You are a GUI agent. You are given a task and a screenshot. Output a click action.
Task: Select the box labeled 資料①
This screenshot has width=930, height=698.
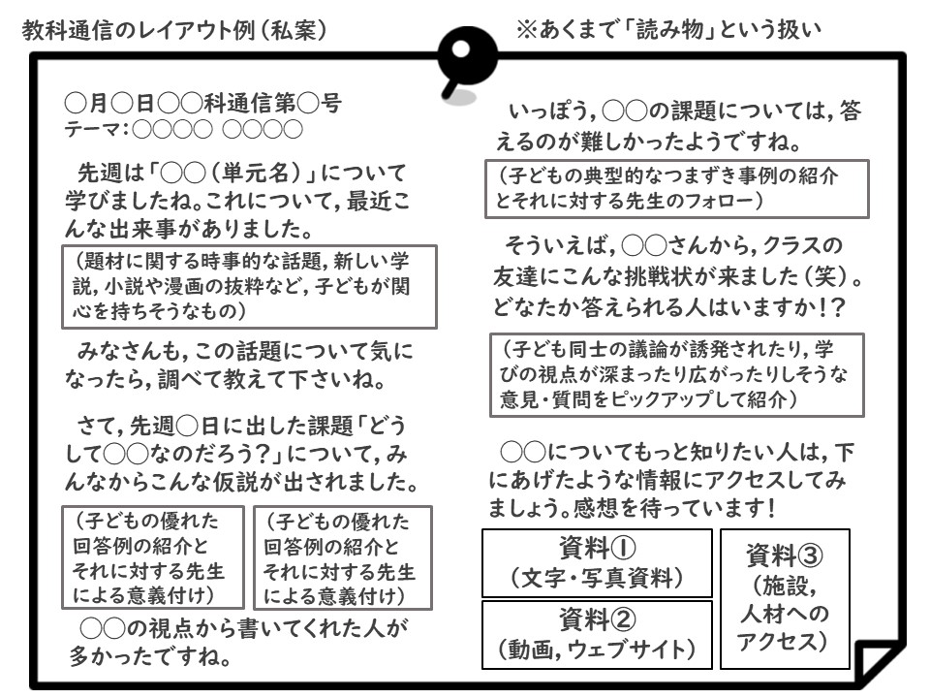click(x=597, y=562)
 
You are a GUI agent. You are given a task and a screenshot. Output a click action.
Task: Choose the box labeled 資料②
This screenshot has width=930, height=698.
click(x=597, y=635)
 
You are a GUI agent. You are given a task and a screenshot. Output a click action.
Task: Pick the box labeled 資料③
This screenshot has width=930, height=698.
click(x=785, y=599)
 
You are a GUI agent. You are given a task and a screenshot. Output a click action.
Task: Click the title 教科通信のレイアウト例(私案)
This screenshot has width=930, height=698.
click(x=174, y=30)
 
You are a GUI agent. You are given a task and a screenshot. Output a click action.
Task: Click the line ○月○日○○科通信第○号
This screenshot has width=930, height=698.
click(x=202, y=104)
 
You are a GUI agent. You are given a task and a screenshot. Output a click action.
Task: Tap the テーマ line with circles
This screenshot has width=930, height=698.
click(x=183, y=129)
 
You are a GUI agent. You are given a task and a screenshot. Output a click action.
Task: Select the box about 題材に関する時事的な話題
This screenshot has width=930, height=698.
click(x=249, y=287)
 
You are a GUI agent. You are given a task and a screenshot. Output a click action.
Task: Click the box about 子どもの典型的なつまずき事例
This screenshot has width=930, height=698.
click(x=677, y=189)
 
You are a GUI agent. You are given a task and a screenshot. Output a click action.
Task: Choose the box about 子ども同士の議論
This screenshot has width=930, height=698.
click(x=677, y=375)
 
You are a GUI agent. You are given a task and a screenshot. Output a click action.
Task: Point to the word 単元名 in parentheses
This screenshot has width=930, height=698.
click(x=256, y=173)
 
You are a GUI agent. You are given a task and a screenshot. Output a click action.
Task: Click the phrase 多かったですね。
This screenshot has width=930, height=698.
click(x=151, y=656)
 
